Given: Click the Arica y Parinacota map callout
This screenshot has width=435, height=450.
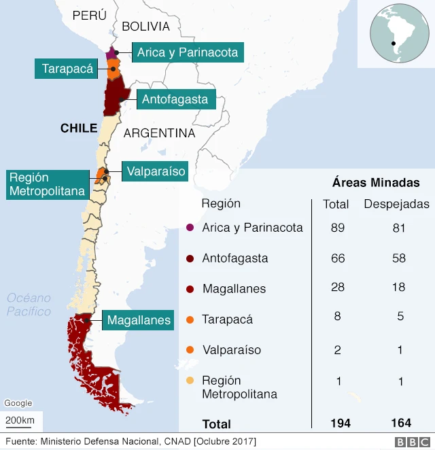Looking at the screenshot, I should (x=188, y=52).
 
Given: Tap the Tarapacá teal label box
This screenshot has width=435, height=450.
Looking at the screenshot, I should (x=67, y=69).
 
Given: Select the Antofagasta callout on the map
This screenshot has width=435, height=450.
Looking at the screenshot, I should (x=175, y=100).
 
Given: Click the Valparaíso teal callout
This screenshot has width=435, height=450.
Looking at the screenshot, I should (x=156, y=171).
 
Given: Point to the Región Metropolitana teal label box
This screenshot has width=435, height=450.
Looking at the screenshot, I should (x=48, y=184).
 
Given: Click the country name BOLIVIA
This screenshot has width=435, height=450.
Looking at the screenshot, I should (x=145, y=27).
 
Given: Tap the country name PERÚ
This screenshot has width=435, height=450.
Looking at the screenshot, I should (x=90, y=15).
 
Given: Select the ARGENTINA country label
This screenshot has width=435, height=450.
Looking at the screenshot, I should (x=159, y=133).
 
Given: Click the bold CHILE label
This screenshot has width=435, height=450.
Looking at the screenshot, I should (x=79, y=128).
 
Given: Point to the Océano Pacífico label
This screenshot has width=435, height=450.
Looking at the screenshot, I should (x=29, y=305).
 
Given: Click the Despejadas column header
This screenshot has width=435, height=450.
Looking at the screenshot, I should (x=396, y=204).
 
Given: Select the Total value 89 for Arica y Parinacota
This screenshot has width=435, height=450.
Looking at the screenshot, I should (x=338, y=228).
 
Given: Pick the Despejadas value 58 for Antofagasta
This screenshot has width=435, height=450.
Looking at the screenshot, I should (x=399, y=258).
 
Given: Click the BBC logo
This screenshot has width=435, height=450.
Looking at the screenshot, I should (x=411, y=442).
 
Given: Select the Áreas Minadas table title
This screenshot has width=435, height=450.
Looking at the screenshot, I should (x=376, y=183).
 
